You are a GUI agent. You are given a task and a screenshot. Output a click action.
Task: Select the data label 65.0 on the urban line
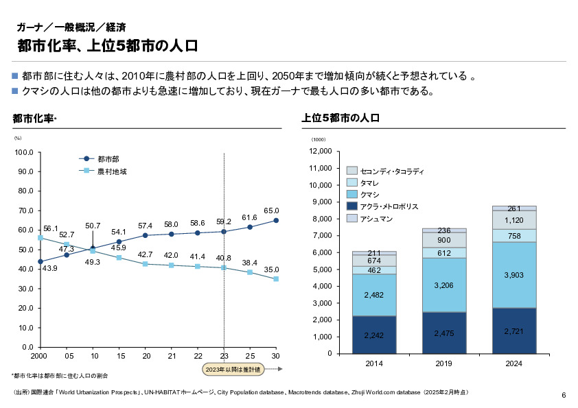pos(271,211)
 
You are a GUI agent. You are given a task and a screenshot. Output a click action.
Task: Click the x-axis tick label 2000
pos(40,357)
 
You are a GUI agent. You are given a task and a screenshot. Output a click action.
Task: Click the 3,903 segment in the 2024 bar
pos(513,274)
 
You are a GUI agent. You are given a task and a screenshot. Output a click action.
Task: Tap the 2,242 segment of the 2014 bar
pos(374,335)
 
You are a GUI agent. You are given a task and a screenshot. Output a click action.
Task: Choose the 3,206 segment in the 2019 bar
pos(443,285)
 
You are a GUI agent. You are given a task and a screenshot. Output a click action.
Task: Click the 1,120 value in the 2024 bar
pos(513,220)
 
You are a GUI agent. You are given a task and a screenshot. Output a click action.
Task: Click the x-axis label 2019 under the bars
pos(443,363)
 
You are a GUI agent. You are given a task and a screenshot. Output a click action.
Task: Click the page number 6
pos(564,395)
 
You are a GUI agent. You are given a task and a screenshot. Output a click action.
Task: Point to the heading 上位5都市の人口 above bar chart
pos(341,119)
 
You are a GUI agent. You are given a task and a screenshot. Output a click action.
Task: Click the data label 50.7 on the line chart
pos(93,226)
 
